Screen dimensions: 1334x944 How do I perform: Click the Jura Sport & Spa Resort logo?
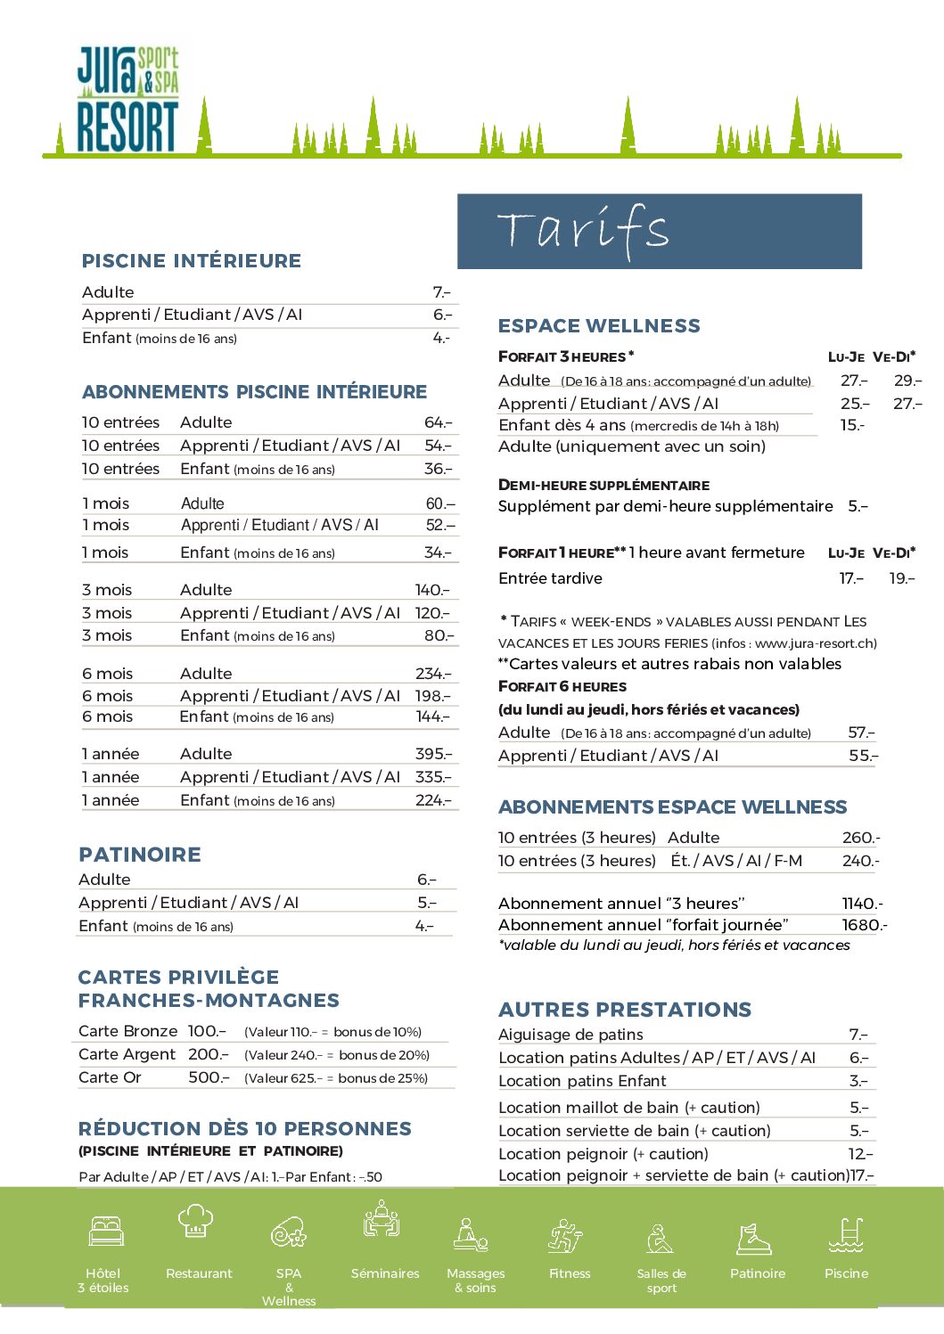[127, 100]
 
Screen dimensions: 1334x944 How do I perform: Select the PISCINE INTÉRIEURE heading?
[192, 261]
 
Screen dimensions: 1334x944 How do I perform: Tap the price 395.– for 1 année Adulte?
[433, 754]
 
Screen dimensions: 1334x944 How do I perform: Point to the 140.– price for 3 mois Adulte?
[432, 590]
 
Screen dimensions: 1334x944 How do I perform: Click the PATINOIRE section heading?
[140, 855]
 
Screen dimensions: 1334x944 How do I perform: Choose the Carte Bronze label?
[127, 1031]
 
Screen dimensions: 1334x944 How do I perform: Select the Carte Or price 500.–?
[209, 1077]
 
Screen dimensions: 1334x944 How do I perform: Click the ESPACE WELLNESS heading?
[599, 326]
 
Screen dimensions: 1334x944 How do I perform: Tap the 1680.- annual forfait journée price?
[864, 925]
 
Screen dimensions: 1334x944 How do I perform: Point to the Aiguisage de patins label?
[571, 1035]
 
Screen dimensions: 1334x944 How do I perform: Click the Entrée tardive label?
[550, 578]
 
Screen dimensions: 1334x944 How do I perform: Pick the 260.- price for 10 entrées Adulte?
[860, 838]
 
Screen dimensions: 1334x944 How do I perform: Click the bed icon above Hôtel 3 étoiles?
[106, 1231]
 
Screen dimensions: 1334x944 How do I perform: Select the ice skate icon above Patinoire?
[754, 1238]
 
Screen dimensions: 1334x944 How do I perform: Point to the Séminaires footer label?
[385, 1273]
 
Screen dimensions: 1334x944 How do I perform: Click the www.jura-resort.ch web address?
[816, 643]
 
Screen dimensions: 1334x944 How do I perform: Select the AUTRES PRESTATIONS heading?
[625, 1010]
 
